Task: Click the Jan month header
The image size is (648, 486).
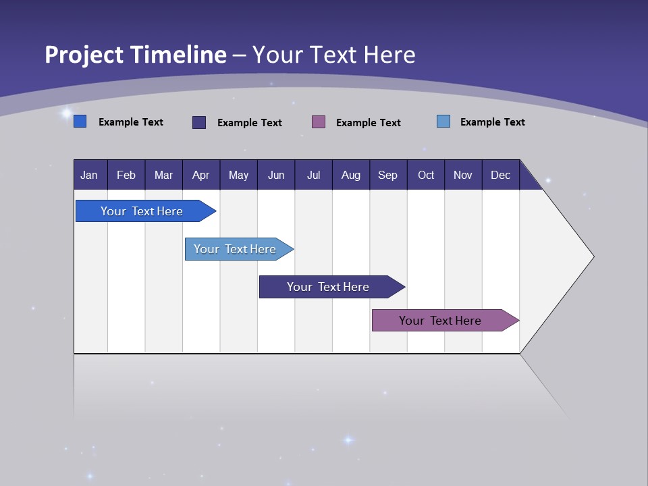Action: click(x=89, y=175)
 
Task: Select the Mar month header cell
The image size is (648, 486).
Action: click(x=163, y=175)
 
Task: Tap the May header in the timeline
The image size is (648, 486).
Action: click(x=238, y=175)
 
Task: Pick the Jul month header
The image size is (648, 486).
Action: click(x=313, y=175)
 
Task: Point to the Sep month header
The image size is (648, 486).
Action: click(x=387, y=175)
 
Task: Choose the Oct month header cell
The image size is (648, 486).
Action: click(x=426, y=175)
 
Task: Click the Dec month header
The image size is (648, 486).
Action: click(x=500, y=175)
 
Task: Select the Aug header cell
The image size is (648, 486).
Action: click(x=350, y=175)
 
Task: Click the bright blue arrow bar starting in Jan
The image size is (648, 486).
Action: click(x=142, y=211)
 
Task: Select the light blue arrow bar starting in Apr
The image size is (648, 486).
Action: click(x=236, y=249)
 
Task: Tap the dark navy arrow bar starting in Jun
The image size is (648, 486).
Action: click(x=328, y=287)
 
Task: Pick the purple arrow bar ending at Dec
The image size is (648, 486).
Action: click(x=441, y=321)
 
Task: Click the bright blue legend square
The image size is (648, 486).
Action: click(x=80, y=122)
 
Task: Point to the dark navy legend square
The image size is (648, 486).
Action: click(x=199, y=122)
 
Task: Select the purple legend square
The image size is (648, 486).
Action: click(x=319, y=122)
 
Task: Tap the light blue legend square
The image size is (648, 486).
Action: click(x=443, y=122)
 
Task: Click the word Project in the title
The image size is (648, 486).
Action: click(x=84, y=55)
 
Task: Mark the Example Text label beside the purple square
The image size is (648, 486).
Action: click(x=368, y=122)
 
